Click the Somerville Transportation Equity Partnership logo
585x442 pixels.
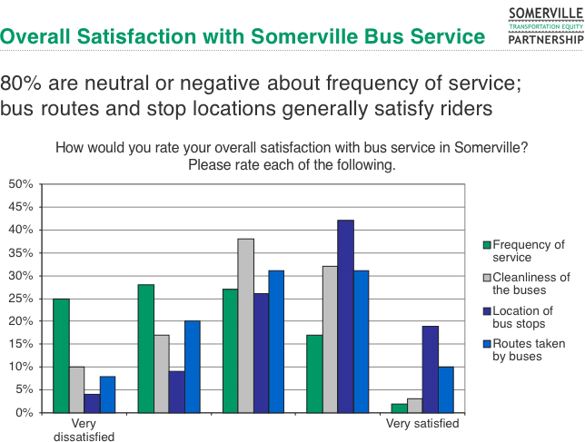coord(545,25)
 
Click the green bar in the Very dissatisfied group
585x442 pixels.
coord(61,355)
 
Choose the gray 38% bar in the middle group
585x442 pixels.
coord(245,325)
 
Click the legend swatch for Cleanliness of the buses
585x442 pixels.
coord(486,278)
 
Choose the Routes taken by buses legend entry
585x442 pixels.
coord(526,349)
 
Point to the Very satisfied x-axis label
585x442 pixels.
coord(422,423)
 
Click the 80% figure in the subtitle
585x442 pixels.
coord(22,83)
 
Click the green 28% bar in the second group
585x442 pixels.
coord(145,349)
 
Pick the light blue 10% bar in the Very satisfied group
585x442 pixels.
coord(445,389)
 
